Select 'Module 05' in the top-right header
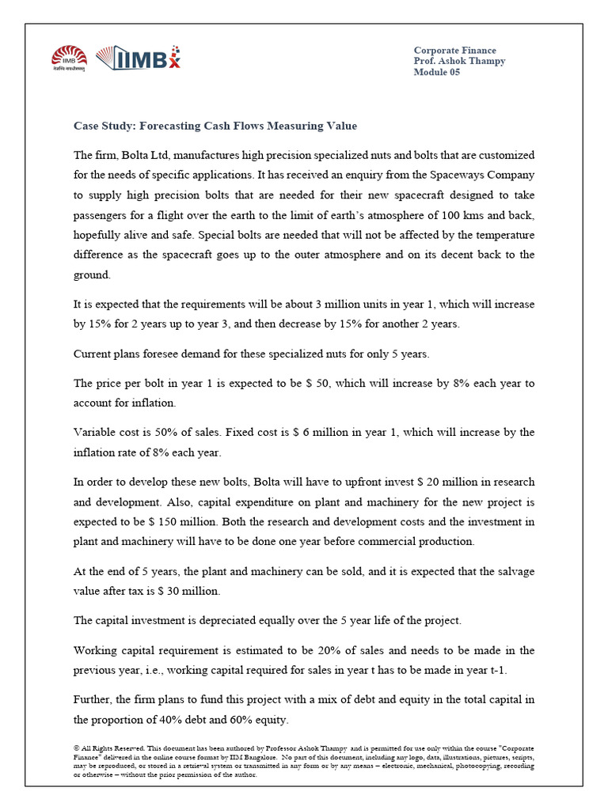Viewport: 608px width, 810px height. pyautogui.click(x=436, y=72)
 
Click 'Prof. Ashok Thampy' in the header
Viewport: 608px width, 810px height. pyautogui.click(x=459, y=61)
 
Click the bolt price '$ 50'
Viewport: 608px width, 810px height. pyautogui.click(x=322, y=383)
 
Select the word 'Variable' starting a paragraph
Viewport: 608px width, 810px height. pyautogui.click(x=95, y=432)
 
